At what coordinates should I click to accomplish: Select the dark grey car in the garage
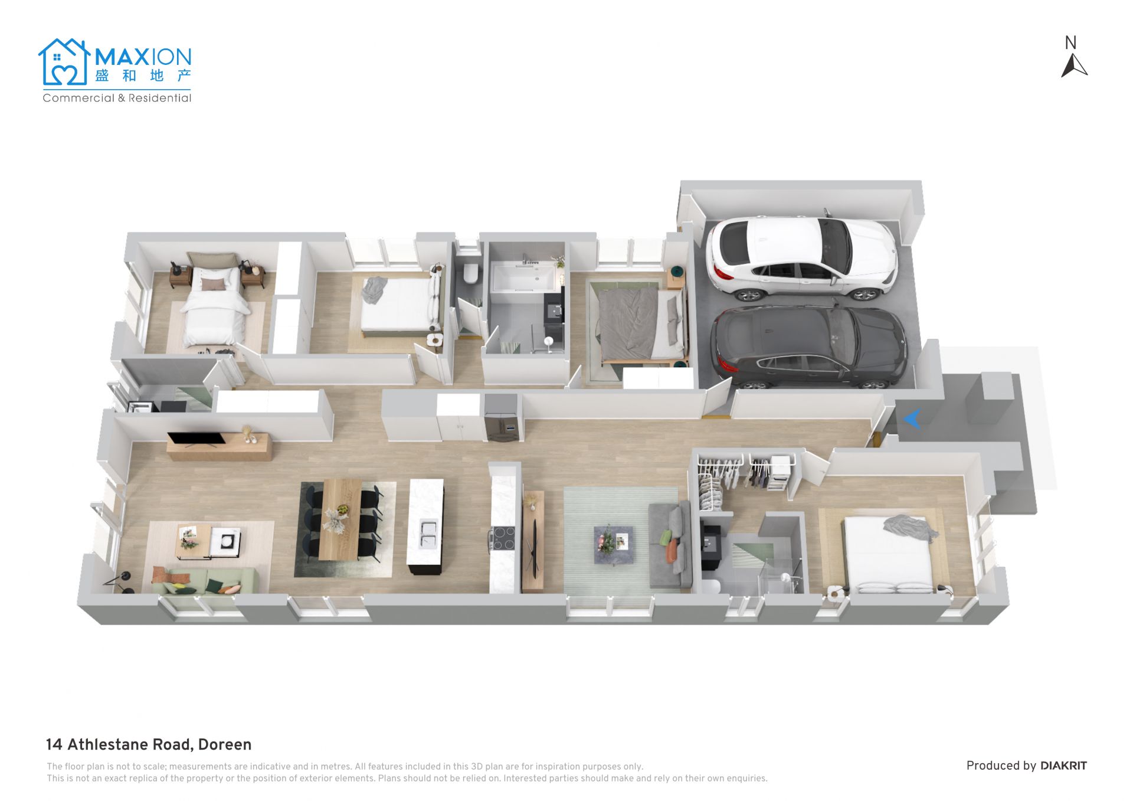(808, 347)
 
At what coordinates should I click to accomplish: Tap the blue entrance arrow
(912, 419)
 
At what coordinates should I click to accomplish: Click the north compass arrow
(1074, 66)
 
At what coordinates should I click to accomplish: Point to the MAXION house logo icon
(64, 62)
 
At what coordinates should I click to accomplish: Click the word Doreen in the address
(225, 744)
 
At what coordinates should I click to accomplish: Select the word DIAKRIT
(1063, 766)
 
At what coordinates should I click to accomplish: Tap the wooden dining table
(340, 519)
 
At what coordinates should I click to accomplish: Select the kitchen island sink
(428, 534)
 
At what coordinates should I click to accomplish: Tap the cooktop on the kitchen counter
(503, 538)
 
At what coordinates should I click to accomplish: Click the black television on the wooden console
(196, 439)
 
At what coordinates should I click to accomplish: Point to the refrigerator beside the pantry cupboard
(502, 417)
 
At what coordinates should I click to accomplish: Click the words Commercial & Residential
(117, 98)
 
